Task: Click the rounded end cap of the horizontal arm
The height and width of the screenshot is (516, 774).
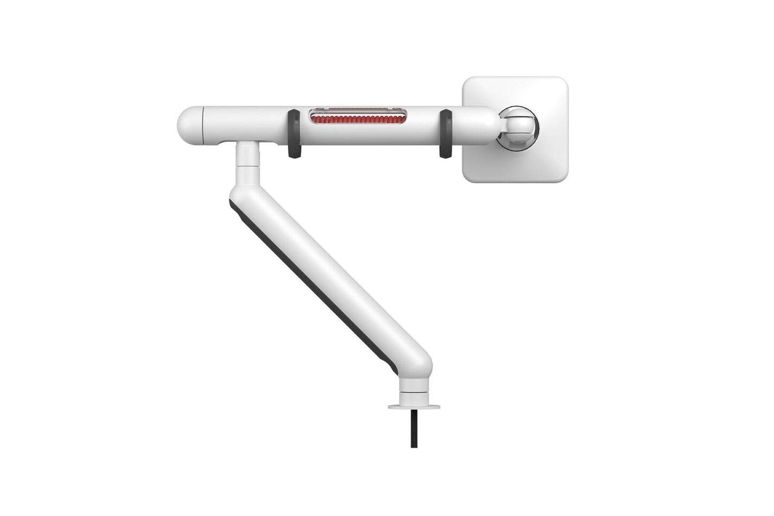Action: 189,127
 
